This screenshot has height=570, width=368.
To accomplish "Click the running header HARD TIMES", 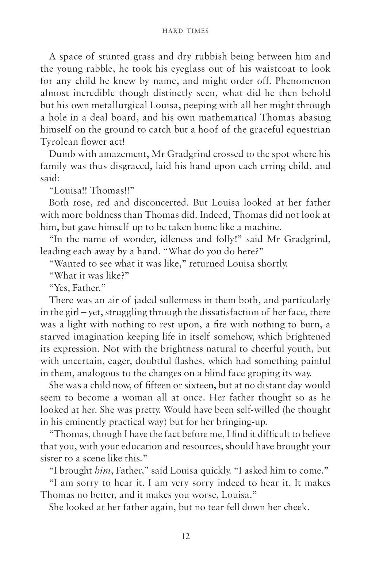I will click(185, 31).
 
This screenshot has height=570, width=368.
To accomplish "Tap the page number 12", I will click(185, 536).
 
